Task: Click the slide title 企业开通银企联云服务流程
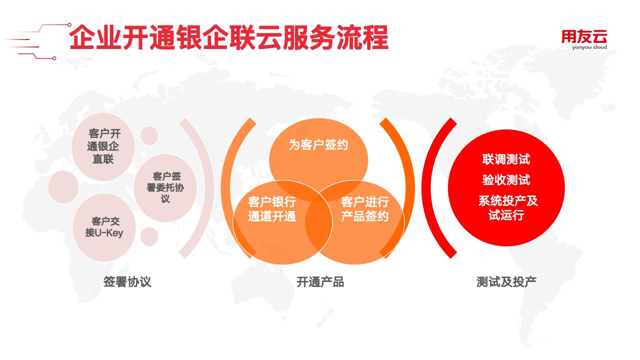click(x=228, y=37)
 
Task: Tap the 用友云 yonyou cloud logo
click(x=584, y=40)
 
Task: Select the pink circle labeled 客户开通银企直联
click(x=103, y=146)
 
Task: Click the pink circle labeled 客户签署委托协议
click(x=165, y=187)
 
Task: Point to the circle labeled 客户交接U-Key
click(x=104, y=227)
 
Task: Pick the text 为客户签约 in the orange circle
click(x=318, y=144)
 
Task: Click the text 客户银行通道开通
click(x=271, y=209)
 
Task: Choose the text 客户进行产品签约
click(x=365, y=209)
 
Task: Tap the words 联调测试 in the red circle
click(x=506, y=159)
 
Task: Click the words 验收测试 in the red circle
click(x=506, y=180)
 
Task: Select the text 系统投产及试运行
click(x=507, y=208)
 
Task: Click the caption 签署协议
click(x=127, y=281)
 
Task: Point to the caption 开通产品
click(x=320, y=282)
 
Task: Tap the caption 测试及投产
click(x=506, y=281)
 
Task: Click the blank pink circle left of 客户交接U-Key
click(x=63, y=187)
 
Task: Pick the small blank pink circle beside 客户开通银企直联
click(x=149, y=135)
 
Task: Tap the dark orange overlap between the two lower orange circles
click(x=318, y=221)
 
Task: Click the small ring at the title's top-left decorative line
click(x=69, y=25)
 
